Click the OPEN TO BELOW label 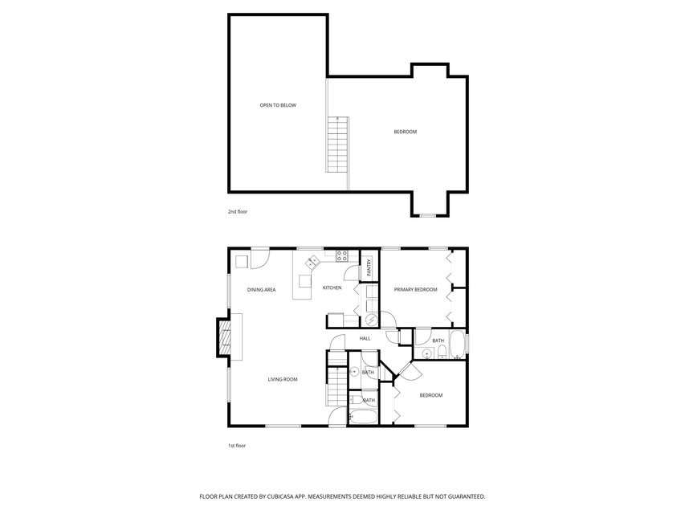tap(277, 105)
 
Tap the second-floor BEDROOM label tap(405, 132)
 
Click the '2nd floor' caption tap(237, 213)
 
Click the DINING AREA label tap(261, 289)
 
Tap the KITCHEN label tap(332, 288)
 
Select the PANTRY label tap(369, 267)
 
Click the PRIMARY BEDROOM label tap(415, 289)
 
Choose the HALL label tap(365, 339)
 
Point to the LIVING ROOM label tap(283, 379)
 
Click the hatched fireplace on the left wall tap(225, 337)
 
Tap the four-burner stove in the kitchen tap(341, 257)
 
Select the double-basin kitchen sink tap(312, 262)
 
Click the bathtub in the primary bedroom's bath tap(456, 344)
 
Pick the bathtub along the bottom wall tap(361, 417)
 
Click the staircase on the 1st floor tap(336, 384)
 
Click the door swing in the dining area tap(259, 260)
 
